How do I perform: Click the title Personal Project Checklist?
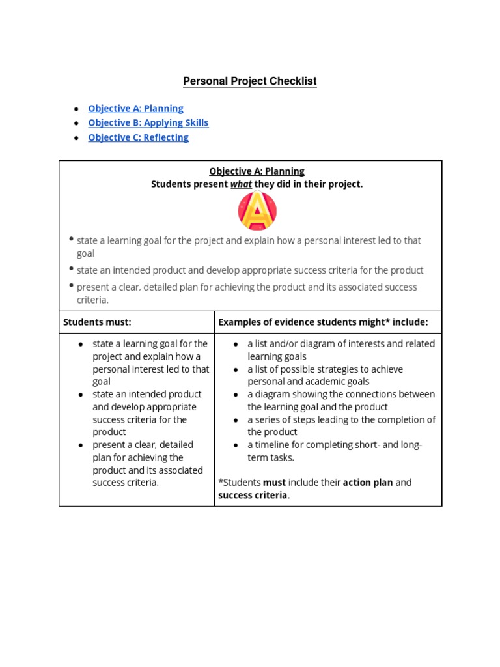point(249,81)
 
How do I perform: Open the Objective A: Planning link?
point(135,109)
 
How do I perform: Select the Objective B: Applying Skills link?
point(148,123)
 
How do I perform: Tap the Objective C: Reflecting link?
point(138,137)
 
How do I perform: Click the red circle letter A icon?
point(257,211)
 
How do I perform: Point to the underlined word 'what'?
point(241,184)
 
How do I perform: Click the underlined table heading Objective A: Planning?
point(257,171)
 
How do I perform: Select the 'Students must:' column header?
point(97,322)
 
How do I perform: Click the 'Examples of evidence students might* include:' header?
point(323,322)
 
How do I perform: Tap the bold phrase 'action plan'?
point(368,483)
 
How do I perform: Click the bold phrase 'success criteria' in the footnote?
point(253,495)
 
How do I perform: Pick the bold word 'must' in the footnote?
point(274,483)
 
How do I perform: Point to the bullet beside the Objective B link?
point(77,124)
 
